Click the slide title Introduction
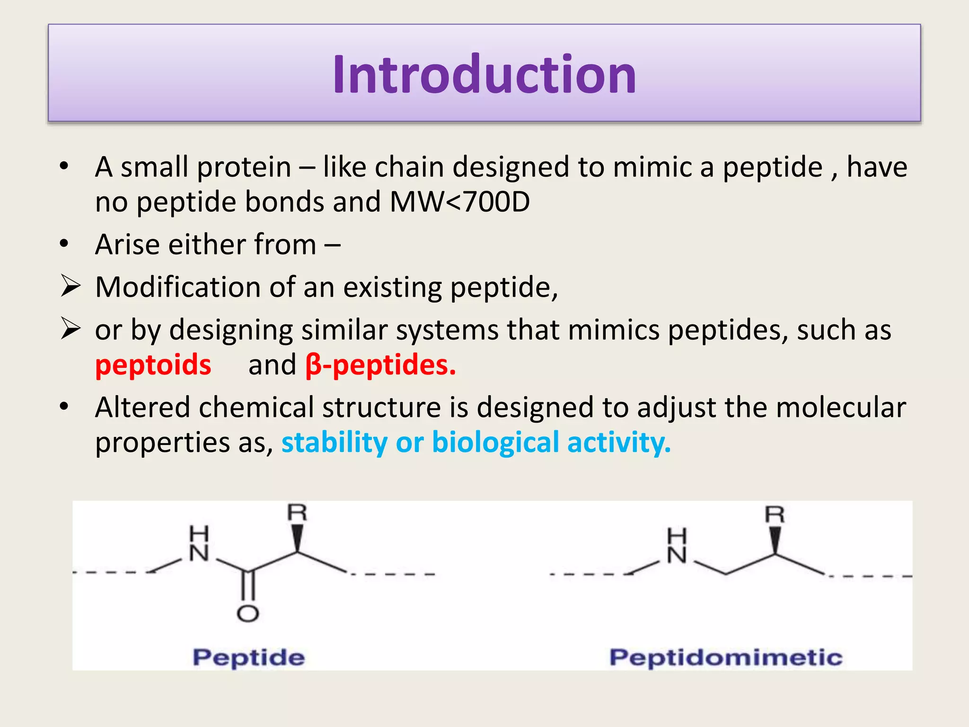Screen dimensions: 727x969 [484, 75]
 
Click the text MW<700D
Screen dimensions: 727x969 [459, 202]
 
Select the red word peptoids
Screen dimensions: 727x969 [153, 365]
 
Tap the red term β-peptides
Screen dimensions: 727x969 [380, 365]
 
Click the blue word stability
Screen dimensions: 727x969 [334, 443]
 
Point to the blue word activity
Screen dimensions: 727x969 [618, 443]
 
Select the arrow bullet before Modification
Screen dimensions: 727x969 [70, 286]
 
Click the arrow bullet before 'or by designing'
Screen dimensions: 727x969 [70, 328]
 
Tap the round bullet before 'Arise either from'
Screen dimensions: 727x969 [64, 244]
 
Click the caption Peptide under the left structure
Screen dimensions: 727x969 [248, 658]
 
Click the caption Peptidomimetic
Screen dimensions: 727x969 [725, 658]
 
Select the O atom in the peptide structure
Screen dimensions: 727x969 [247, 613]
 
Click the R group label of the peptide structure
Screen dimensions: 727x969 [297, 513]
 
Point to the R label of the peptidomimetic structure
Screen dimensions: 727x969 [775, 514]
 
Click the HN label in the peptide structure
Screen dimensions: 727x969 [199, 544]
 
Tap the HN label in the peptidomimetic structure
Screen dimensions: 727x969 [677, 547]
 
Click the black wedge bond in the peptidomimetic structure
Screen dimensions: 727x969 [775, 540]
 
